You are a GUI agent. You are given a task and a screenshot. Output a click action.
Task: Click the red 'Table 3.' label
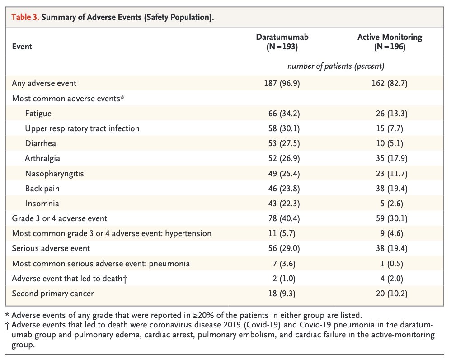25,17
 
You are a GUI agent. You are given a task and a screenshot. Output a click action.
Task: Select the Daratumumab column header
282,42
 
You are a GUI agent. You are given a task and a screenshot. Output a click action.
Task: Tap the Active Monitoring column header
390,42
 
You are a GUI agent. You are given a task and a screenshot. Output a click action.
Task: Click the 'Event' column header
22,47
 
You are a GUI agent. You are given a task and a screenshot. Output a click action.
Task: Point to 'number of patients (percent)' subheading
336,66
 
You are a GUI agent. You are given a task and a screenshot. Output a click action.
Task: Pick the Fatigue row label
38,114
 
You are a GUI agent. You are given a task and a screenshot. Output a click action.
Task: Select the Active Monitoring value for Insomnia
391,204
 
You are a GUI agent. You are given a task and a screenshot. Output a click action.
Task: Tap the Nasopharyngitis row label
54,174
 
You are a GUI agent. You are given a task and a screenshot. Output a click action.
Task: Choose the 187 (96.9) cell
282,83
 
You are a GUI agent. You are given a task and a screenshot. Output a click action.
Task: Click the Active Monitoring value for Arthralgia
391,158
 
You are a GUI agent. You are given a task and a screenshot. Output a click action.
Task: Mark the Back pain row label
42,189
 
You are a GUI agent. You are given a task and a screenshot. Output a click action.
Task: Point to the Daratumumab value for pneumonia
284,264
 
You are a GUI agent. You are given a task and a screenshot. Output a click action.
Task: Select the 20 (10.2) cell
391,294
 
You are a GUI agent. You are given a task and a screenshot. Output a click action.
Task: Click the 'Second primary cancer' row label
53,294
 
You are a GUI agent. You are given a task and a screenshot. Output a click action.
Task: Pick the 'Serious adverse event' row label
51,248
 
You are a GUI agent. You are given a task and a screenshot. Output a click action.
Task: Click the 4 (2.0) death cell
391,279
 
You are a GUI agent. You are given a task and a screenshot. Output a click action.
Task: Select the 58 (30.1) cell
284,128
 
